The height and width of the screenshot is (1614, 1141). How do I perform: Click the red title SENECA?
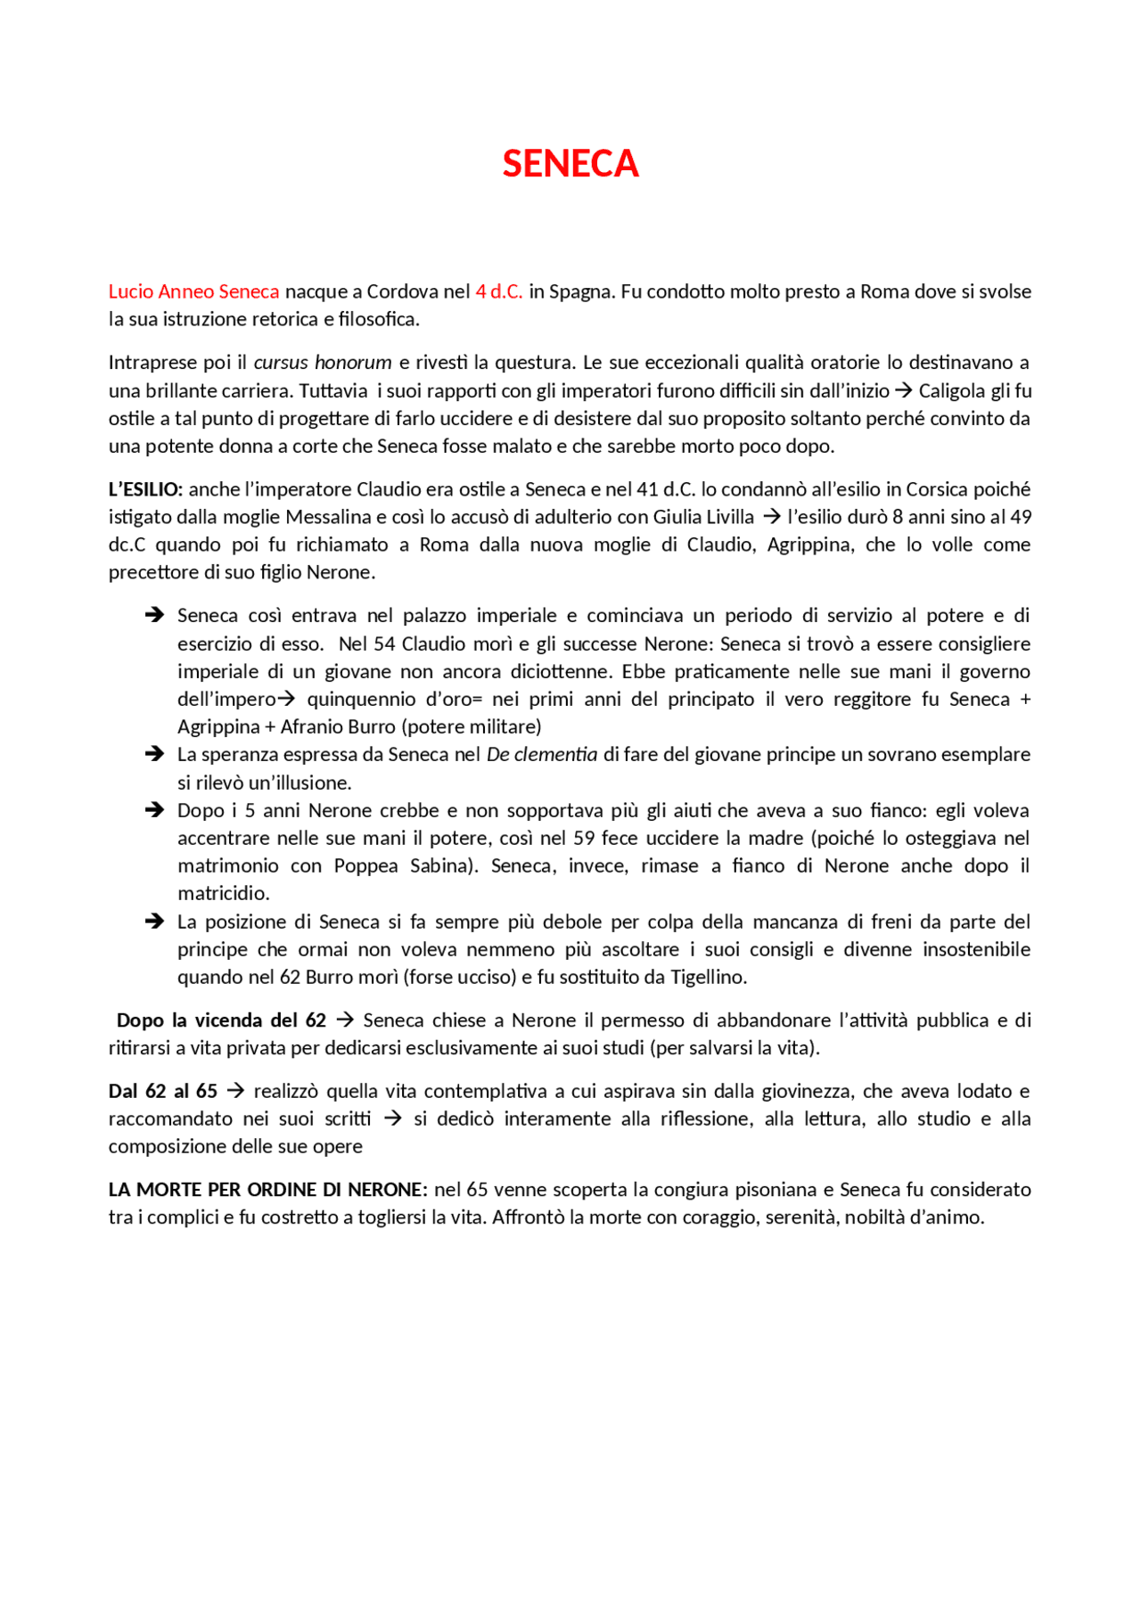[x=570, y=164]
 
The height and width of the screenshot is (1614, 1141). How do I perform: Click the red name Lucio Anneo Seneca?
[x=193, y=291]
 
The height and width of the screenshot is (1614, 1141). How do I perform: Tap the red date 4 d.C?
[x=499, y=291]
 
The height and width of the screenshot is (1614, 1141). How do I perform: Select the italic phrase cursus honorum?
[x=323, y=363]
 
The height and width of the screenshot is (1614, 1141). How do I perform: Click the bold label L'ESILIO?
[x=145, y=489]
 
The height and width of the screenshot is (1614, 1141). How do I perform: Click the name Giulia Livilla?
[x=703, y=517]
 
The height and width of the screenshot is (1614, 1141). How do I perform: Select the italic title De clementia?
[x=541, y=755]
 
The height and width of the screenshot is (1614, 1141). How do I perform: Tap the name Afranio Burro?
[x=338, y=727]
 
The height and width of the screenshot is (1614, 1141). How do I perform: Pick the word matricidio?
[x=223, y=894]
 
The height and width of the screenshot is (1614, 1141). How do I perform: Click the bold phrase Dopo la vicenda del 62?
[x=221, y=1020]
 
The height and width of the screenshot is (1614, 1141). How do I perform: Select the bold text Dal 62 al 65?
[x=163, y=1092]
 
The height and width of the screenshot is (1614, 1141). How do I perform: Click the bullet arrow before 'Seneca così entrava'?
[x=154, y=615]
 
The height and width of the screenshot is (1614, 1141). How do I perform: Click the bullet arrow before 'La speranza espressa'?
[x=154, y=754]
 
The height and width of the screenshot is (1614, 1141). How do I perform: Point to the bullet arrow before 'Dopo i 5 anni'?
[x=154, y=810]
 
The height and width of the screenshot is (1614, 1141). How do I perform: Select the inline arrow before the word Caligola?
[x=903, y=390]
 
